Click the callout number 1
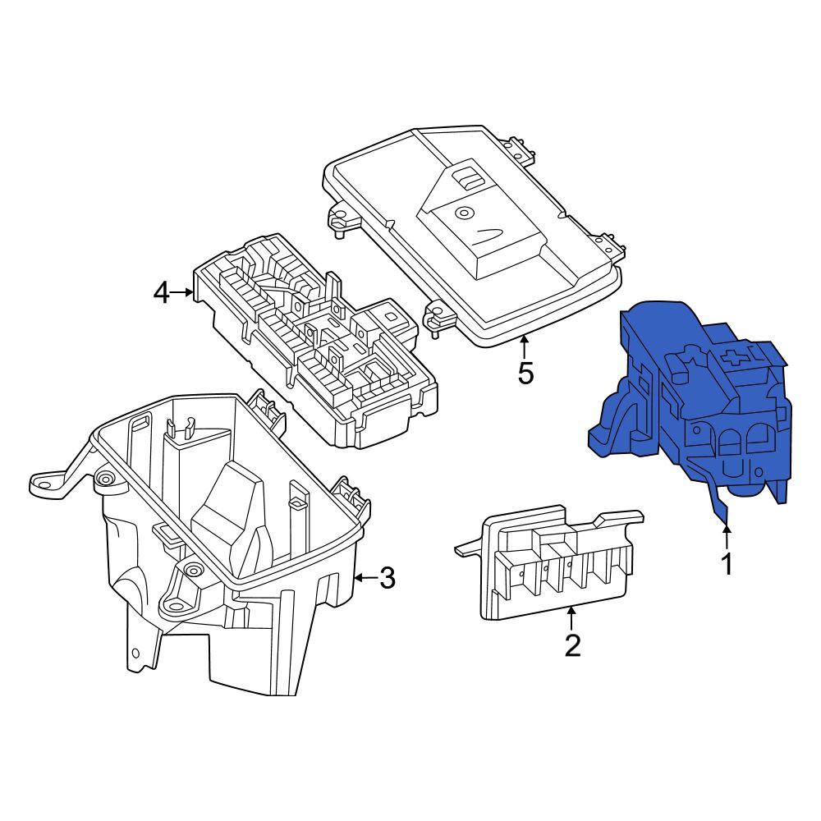pos(727,564)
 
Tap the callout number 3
pos(387,578)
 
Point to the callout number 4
pos(161,293)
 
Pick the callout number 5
pos(525,374)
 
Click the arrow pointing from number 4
pos(182,293)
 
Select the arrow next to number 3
pos(365,578)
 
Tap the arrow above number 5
pos(524,347)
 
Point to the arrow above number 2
pos(571,618)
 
